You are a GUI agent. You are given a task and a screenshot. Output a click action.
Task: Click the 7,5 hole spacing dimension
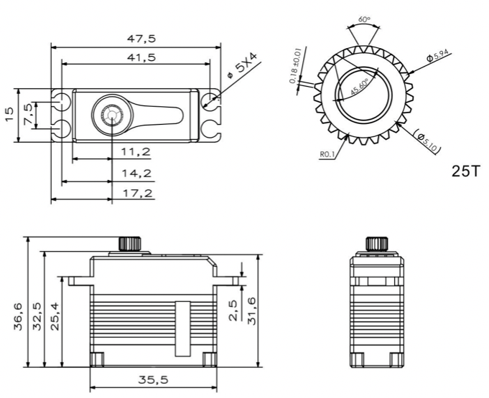pyautogui.click(x=28, y=114)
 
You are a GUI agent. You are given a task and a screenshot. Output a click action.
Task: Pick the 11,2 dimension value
pyautogui.click(x=135, y=151)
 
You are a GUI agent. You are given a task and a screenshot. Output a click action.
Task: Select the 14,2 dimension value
pyautogui.click(x=135, y=173)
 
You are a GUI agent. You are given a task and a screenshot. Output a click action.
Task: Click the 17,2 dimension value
pyautogui.click(x=135, y=194)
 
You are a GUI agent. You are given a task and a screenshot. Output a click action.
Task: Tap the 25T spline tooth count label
pyautogui.click(x=465, y=172)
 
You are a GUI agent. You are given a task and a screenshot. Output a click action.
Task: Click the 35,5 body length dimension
pyautogui.click(x=153, y=379)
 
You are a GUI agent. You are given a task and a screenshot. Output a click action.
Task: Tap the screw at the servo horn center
pyautogui.click(x=112, y=115)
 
